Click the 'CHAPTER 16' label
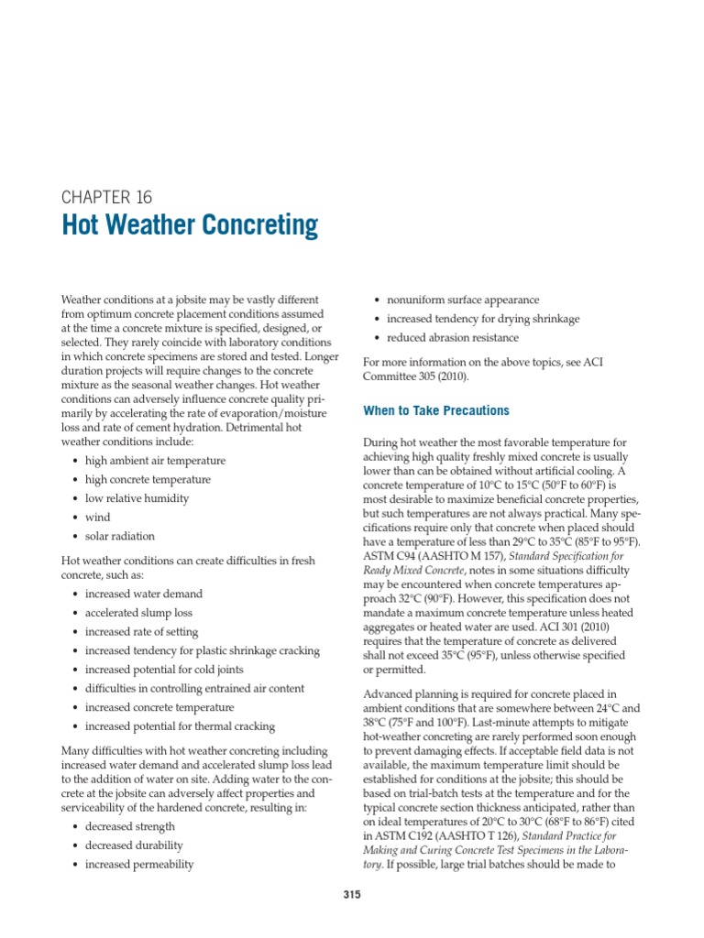(106, 197)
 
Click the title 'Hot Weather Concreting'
(190, 225)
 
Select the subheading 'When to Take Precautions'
(436, 410)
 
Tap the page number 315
(352, 895)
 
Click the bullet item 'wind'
(97, 518)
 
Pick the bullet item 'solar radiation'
(119, 537)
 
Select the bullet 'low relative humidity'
(137, 498)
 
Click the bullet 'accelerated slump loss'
(138, 613)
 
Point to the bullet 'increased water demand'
(144, 594)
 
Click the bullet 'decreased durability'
(134, 845)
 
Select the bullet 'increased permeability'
(139, 864)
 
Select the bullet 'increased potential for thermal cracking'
(180, 726)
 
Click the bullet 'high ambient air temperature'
(155, 461)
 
